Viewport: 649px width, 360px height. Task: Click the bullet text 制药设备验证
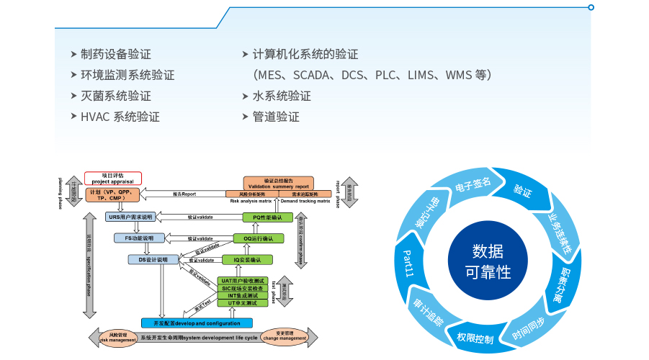coord(115,54)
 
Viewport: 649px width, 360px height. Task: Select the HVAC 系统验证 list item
coord(120,117)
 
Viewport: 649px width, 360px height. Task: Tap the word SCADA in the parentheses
coord(311,75)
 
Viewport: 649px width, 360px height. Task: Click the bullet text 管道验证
coord(276,117)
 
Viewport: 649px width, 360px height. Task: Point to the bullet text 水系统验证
coord(282,96)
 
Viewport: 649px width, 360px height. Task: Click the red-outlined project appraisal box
coord(113,178)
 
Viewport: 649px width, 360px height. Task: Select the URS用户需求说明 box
coord(130,217)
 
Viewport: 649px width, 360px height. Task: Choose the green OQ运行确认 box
coord(258,238)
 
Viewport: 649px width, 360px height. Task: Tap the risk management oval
coord(117,336)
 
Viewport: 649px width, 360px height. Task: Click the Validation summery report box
coord(278,184)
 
